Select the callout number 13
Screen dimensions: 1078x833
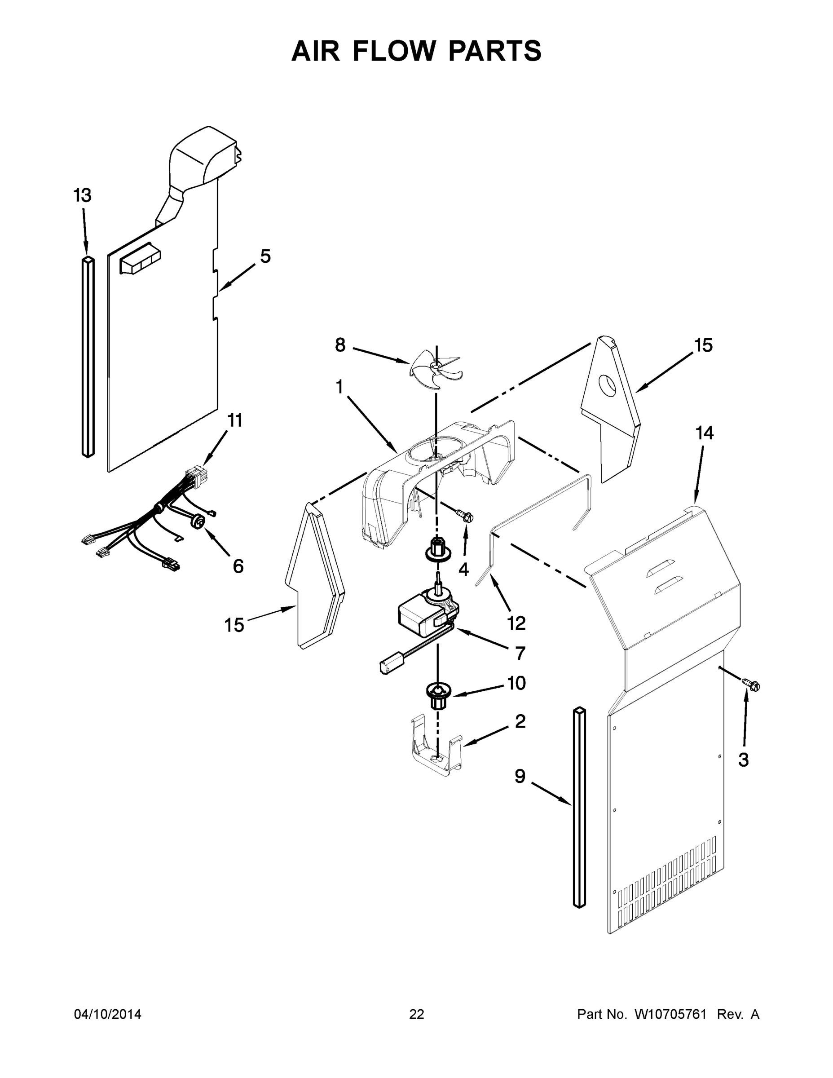click(83, 196)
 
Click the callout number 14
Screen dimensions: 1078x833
click(704, 433)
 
